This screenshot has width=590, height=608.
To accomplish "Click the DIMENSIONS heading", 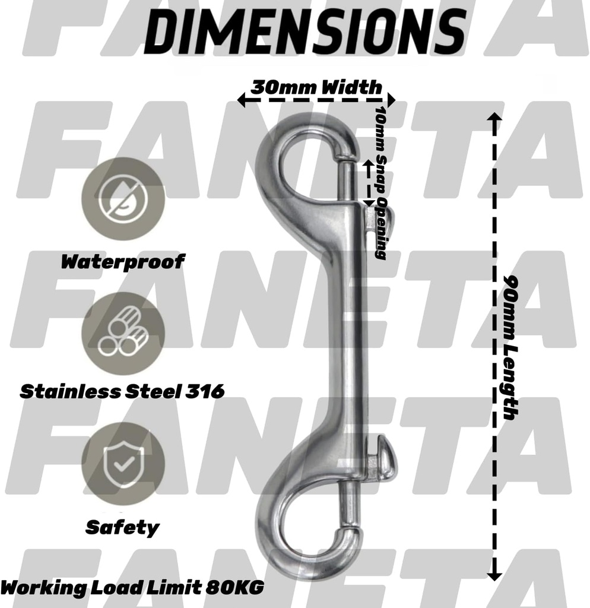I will click(304, 29).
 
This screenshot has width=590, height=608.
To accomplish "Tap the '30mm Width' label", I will click(316, 87).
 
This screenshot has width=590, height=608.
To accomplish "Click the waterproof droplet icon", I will click(122, 198).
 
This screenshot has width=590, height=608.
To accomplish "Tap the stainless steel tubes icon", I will click(123, 334).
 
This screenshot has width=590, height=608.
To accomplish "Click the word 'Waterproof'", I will click(123, 261).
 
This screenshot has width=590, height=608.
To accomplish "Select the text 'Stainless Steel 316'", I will click(122, 392).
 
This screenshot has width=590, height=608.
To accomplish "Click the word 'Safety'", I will click(122, 527).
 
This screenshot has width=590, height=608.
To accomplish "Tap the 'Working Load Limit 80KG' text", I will click(132, 588).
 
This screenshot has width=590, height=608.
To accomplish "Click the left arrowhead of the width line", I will click(242, 100).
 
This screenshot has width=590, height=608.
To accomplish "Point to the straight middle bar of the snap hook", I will click(342, 332).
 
